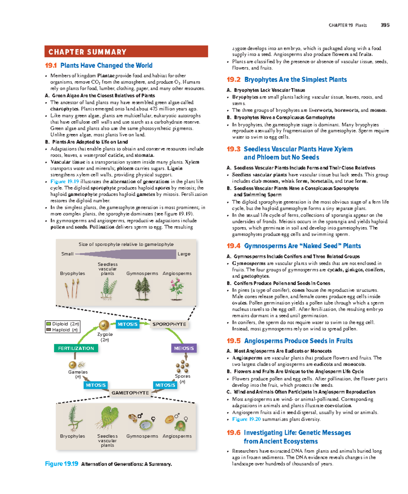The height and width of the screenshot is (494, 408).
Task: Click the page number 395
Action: click(385, 25)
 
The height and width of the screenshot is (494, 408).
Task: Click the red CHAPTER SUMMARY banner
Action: click(126, 52)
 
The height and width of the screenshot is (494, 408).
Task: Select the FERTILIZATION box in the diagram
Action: click(76, 348)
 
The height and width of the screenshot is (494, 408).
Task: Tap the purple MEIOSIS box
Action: click(184, 348)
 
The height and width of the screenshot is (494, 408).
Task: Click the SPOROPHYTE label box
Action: click(169, 324)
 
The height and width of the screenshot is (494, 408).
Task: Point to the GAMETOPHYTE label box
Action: click(130, 393)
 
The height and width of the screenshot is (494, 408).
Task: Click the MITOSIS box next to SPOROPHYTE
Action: click(128, 324)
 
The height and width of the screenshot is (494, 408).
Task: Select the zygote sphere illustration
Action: click(104, 325)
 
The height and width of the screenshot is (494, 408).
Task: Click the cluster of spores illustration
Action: click(183, 367)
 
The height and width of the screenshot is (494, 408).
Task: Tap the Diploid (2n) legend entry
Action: click(63, 324)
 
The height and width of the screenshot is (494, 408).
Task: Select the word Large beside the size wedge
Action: click(184, 254)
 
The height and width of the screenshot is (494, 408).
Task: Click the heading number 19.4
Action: click(234, 246)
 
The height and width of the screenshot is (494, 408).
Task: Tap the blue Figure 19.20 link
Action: click(246, 419)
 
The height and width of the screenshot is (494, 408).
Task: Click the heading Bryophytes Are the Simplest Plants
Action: click(295, 80)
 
